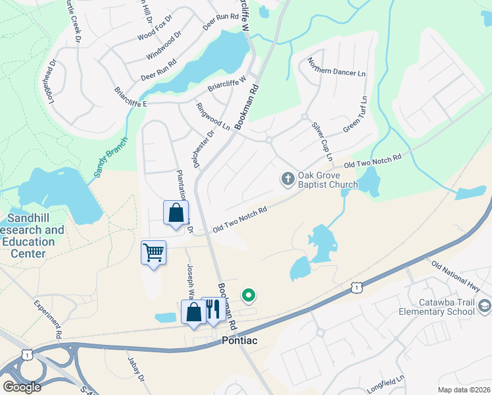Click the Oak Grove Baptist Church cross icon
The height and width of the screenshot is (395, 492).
tap(287, 178)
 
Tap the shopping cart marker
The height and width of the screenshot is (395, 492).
tap(153, 252)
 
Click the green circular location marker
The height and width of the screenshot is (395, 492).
tap(248, 296)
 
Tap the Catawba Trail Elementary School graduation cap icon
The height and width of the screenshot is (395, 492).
tap(485, 305)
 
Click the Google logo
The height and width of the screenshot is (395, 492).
tap(22, 387)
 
